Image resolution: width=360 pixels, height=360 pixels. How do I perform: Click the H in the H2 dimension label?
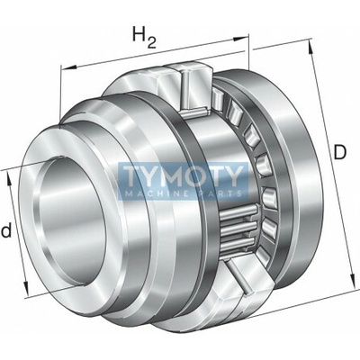[139, 34]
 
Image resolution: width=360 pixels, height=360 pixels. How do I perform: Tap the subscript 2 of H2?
[151, 42]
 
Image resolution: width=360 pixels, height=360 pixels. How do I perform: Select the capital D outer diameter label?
[340, 153]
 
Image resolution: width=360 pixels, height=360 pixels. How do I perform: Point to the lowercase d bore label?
[6, 231]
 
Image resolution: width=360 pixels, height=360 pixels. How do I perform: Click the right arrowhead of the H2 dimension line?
[242, 39]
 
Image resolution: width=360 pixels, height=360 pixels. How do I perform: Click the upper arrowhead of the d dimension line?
[9, 180]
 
